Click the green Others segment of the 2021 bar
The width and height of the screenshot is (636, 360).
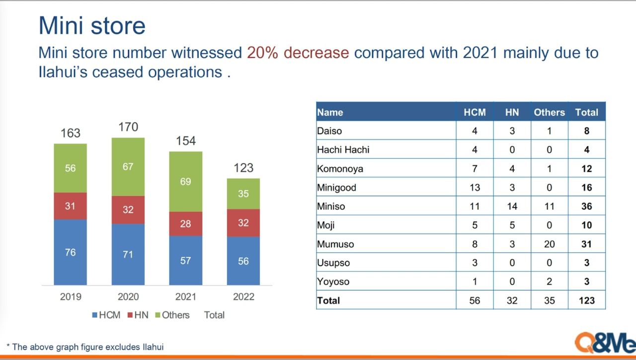coord(185,182)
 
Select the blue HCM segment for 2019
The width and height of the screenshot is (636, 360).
coord(70,252)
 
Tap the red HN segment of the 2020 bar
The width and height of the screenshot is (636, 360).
coord(128,210)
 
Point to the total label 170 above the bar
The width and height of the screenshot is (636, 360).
coord(128,127)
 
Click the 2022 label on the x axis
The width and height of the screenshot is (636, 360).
coord(243,297)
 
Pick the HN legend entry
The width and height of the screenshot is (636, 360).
coord(138,315)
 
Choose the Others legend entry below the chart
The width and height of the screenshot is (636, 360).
coord(172,315)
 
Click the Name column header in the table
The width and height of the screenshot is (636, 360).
coord(330,112)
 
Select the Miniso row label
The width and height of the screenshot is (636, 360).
coord(331,206)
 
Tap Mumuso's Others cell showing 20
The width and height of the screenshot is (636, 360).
coord(549,244)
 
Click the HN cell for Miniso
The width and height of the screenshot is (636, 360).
coord(512,206)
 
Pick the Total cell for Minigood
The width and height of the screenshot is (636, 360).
coord(586,187)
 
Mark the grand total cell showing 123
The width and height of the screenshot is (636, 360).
coord(586,300)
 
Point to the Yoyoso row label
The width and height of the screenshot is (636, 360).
coord(333,282)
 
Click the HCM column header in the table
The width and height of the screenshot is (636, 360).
coord(475,112)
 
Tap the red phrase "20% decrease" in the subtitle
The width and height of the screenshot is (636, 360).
coord(298,53)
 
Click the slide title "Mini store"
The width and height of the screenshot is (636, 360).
coord(92,26)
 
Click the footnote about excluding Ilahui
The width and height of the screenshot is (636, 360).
coord(85,347)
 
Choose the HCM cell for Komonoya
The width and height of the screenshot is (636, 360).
coord(475,168)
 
